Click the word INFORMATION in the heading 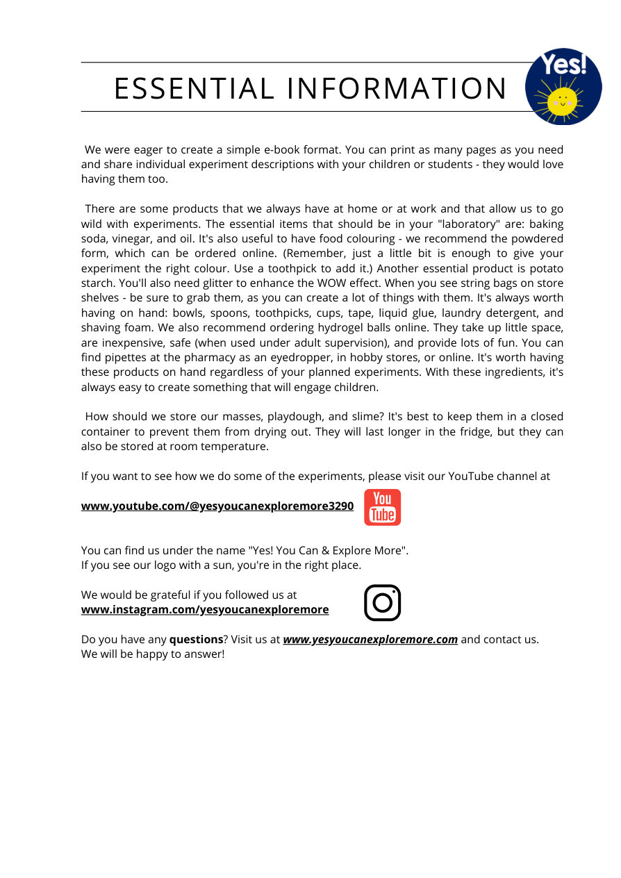(397, 89)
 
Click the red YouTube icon (382, 507)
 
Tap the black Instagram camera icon (382, 602)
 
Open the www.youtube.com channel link (217, 506)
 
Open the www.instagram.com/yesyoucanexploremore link (205, 609)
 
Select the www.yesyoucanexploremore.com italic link (370, 639)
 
